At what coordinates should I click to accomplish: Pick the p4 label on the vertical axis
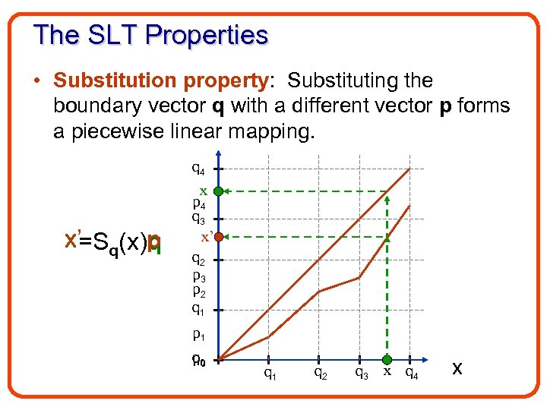pyautogui.click(x=198, y=203)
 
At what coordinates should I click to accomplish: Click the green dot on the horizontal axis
pyautogui.click(x=387, y=360)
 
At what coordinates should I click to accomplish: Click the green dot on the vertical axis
pyautogui.click(x=217, y=191)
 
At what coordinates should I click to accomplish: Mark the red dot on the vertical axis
pyautogui.click(x=217, y=238)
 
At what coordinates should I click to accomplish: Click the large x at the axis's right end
pyautogui.click(x=457, y=368)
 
